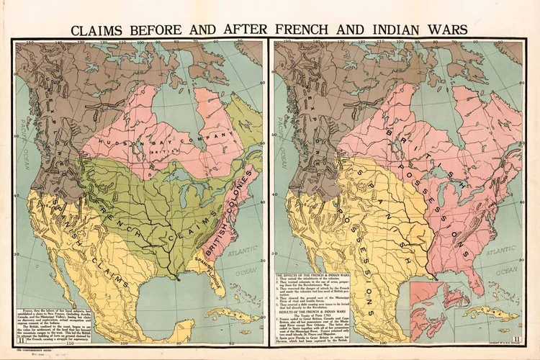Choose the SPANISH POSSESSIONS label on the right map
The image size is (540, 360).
point(360,230)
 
